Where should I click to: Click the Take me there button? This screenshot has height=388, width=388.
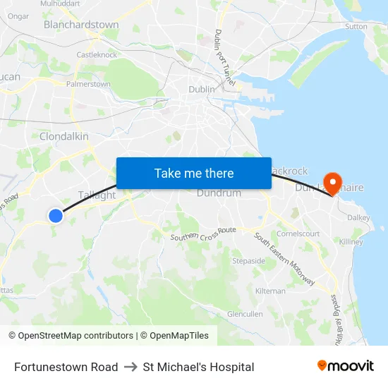point(194,173)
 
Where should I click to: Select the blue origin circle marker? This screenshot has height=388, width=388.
point(56,216)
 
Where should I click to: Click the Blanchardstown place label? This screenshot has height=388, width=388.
point(81,25)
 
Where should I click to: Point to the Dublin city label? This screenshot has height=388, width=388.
point(201,90)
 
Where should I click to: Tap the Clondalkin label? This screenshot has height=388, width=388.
point(64,136)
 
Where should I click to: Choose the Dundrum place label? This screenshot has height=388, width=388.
point(219,193)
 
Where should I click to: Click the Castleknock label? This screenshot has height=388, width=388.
point(97,54)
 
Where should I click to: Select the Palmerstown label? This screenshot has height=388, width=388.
point(88,84)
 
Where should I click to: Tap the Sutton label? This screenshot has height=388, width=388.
point(356,27)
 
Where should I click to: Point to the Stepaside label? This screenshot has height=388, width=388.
point(249,260)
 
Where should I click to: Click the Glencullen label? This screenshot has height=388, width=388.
point(245,314)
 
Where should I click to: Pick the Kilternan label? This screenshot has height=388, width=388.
point(271,291)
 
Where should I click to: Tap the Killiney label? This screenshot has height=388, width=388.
point(351,242)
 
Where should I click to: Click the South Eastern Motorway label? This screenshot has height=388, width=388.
point(284,259)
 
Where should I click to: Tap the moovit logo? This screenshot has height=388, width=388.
point(345,366)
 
